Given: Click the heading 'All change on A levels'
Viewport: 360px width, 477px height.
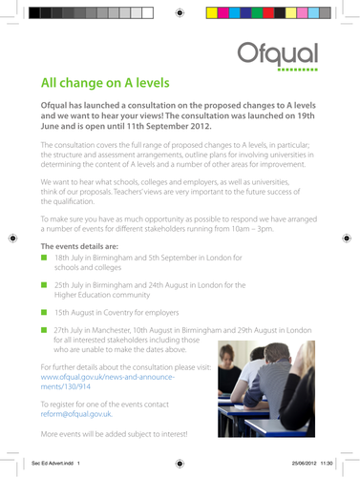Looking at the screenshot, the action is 119,83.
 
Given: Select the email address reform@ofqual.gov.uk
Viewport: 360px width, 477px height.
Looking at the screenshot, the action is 75,414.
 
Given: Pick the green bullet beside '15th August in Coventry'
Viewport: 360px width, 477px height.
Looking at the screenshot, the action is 43,311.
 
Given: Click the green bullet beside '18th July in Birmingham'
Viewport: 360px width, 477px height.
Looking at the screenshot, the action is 43,258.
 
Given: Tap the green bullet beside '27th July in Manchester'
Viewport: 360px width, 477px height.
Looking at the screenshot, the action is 43,329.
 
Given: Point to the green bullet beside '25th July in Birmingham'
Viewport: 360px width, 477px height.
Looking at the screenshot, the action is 43,284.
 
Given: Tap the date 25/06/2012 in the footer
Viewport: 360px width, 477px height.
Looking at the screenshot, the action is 294,462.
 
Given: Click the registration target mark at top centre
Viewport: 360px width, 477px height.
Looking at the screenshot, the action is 180,13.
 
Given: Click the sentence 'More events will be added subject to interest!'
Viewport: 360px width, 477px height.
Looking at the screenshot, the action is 114,435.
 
